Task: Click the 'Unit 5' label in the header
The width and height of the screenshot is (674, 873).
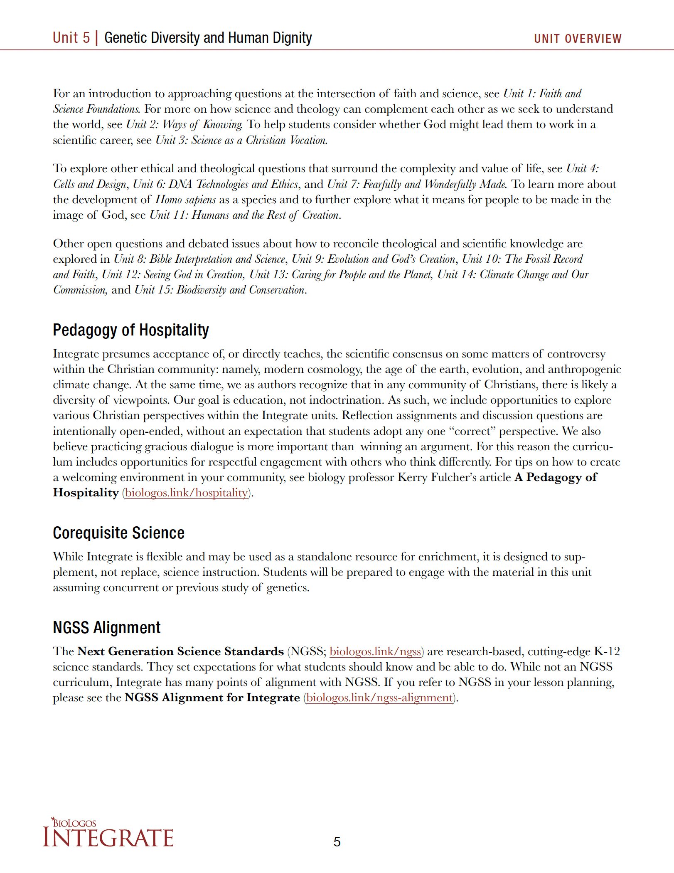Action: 71,38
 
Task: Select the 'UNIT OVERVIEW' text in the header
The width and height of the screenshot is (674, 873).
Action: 578,39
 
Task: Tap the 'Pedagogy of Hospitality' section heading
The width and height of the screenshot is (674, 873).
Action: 130,330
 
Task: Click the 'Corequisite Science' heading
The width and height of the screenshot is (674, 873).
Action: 118,533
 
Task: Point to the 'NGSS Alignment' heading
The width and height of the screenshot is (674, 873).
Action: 106,628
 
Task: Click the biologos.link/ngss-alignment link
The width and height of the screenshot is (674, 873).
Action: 379,698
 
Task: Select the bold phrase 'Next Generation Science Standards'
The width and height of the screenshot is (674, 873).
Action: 180,651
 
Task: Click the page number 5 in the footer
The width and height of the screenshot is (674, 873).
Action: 337,842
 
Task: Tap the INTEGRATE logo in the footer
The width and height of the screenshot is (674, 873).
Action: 108,834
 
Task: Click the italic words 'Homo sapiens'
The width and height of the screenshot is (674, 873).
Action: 185,200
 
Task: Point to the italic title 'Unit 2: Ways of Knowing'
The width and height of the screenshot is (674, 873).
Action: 184,125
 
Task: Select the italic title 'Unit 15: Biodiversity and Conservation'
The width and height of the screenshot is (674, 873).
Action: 220,290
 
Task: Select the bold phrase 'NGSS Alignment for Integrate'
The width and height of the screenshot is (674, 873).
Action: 212,698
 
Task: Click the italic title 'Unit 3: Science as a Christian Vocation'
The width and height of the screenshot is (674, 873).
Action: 241,141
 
